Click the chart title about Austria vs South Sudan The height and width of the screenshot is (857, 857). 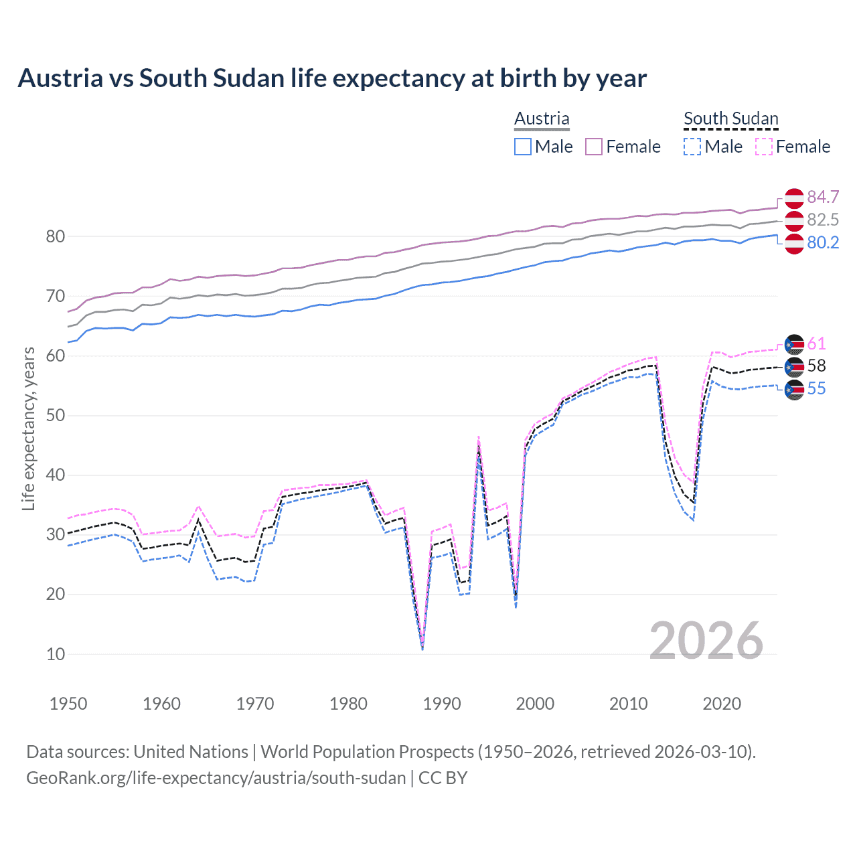coord(332,78)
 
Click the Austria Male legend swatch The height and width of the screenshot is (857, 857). coord(523,147)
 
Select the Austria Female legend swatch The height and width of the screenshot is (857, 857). coord(595,147)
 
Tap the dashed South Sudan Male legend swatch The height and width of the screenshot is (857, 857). coord(692,147)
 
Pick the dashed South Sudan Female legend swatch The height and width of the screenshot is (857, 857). coord(764,147)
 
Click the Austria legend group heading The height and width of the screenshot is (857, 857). coord(542,119)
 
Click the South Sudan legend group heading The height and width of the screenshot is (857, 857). coord(730,119)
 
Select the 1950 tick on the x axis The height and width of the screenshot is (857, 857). coord(68,704)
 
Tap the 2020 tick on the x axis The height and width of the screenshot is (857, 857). coord(722,704)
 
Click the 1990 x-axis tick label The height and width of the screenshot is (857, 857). coord(442,704)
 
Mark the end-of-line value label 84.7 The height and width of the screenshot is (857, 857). coord(823,197)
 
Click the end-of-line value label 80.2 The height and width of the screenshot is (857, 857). coord(823,242)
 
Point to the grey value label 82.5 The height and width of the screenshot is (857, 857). coord(823,220)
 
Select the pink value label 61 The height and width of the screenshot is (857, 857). coord(816,344)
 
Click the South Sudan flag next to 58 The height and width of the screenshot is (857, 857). coord(794,366)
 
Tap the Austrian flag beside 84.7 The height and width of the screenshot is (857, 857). coord(794,198)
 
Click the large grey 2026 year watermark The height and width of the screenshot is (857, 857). coord(706,641)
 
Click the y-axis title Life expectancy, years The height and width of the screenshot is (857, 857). coord(28,428)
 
